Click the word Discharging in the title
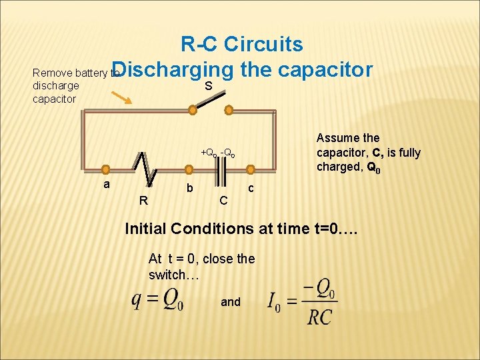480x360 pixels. (177, 70)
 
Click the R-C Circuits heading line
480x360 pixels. (241, 45)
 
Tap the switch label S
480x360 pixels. (209, 86)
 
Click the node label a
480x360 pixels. (106, 183)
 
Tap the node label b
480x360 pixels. (190, 189)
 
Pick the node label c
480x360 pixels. (251, 189)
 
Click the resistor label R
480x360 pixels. (143, 199)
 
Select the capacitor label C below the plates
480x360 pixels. (225, 199)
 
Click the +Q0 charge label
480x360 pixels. (210, 153)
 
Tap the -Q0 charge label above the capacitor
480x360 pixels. (229, 153)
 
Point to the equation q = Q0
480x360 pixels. (157, 301)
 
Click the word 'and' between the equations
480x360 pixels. (231, 302)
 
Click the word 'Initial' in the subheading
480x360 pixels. (146, 229)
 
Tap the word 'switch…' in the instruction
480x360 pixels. (173, 274)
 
